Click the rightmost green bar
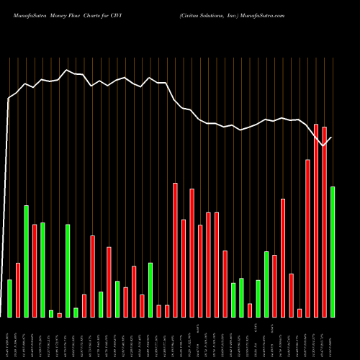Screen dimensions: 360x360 [333, 251]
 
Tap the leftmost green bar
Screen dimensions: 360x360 [9, 298]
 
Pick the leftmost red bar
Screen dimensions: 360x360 [18, 289]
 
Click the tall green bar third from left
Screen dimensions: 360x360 [26, 261]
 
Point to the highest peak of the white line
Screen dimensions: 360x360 [67, 70]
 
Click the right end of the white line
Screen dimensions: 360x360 [333, 136]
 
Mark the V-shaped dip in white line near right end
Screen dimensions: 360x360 [324, 145]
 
